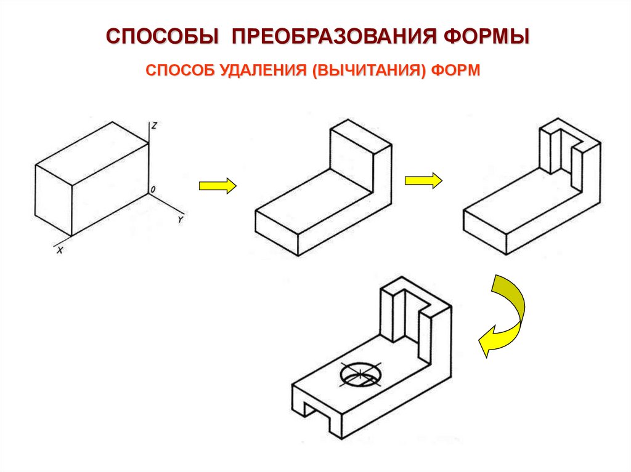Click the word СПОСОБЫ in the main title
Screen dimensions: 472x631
click(162, 35)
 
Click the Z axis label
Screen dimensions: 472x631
click(155, 126)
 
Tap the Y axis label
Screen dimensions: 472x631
click(179, 219)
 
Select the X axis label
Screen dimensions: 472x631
click(60, 250)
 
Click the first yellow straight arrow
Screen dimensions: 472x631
click(217, 185)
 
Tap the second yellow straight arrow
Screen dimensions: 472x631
click(423, 180)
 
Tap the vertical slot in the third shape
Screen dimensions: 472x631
click(566, 154)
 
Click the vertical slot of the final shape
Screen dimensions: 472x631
click(409, 314)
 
